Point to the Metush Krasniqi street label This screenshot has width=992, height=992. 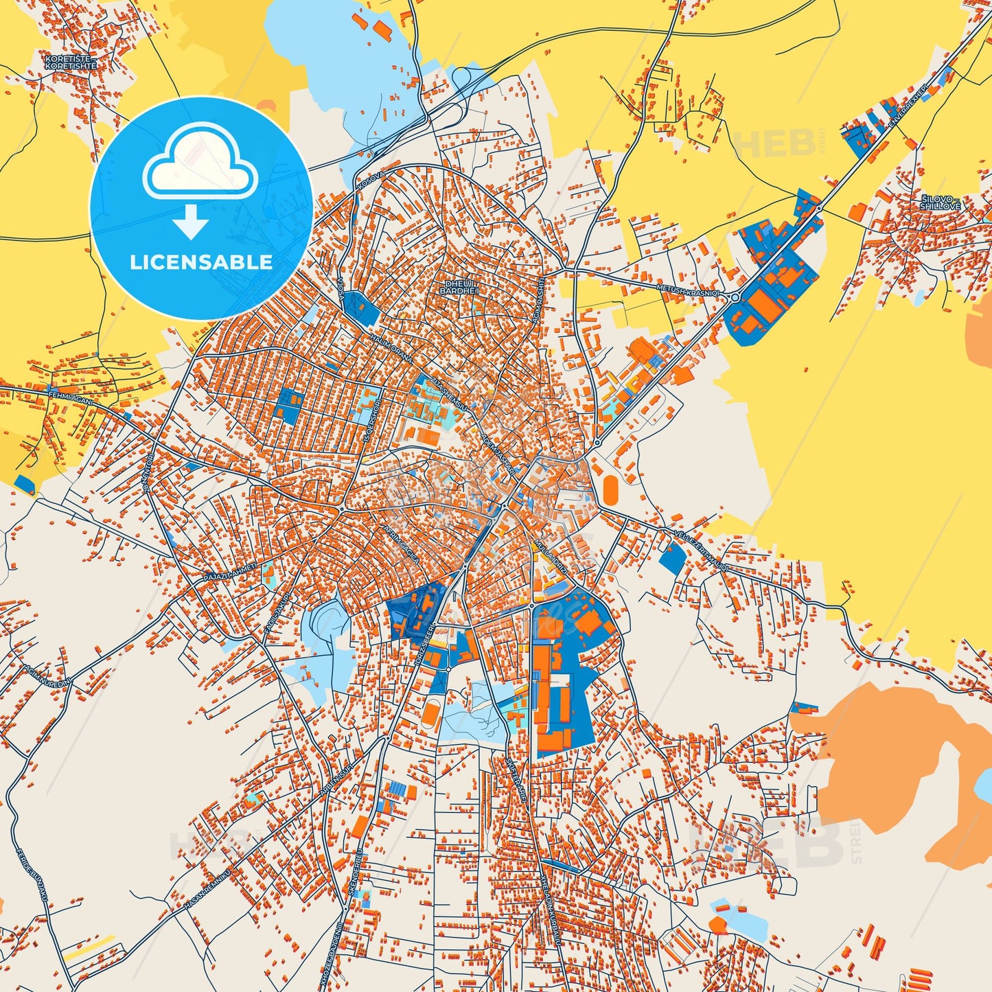[688, 289]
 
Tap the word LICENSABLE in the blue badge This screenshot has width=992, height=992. [201, 262]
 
